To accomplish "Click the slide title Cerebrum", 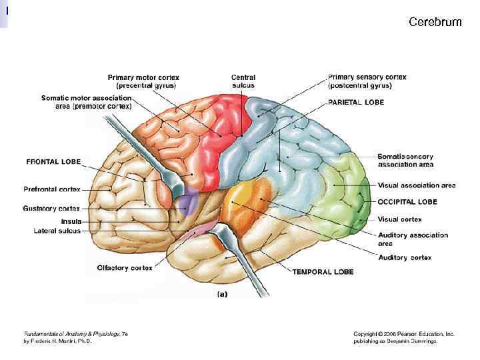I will point(435,23).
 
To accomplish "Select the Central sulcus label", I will point(243,81).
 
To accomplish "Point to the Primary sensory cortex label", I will point(367,81).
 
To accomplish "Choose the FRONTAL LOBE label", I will point(53,162).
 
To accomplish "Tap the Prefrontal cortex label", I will point(52,189).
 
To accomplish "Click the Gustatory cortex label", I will point(51,209).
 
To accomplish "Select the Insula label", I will point(71,221).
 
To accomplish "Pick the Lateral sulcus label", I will point(57,231).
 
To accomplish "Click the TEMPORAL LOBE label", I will point(323,272).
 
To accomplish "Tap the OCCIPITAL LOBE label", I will point(407,201).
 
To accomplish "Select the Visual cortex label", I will point(399,219).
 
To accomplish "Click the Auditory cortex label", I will point(405,257).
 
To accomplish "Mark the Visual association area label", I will point(417,185).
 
